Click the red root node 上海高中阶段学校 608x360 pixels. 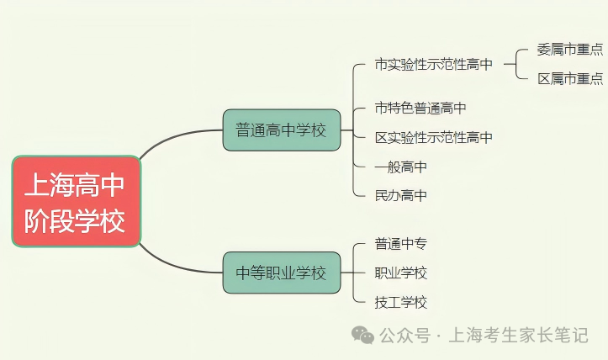76,201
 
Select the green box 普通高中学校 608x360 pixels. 281,130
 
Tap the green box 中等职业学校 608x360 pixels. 281,273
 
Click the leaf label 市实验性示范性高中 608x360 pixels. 433,64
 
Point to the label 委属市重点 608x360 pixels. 569,49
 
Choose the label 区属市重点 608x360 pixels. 569,78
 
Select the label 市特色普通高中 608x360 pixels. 420,108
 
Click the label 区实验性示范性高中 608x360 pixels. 433,137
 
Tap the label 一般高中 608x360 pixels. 401,167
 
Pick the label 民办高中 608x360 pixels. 401,195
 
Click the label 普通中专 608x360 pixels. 401,244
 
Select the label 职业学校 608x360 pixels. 401,273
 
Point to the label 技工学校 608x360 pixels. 401,302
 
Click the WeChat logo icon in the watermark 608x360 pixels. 363,335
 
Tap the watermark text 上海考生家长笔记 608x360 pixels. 520,335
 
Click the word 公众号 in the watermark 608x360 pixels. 404,335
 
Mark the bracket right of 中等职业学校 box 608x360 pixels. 354,273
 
